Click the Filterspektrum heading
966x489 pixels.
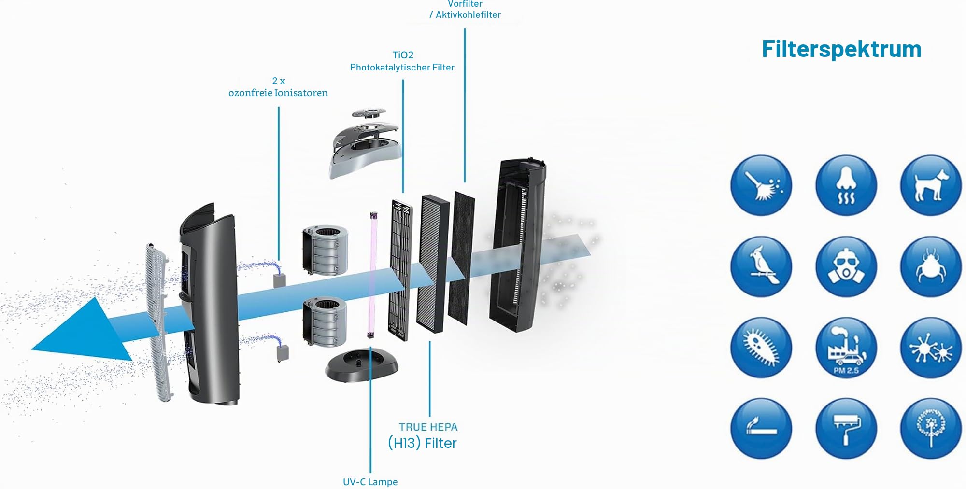(x=841, y=49)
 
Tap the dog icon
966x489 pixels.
(x=931, y=185)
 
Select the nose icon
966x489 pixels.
(x=846, y=185)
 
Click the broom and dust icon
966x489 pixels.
(x=761, y=185)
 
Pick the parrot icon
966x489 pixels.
(x=761, y=267)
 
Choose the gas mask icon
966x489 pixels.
(x=846, y=267)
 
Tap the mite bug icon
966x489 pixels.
(x=931, y=267)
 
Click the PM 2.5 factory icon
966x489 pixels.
(x=846, y=348)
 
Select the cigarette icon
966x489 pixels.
(x=761, y=429)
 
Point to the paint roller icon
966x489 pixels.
(x=846, y=429)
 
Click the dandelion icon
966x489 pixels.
(x=931, y=429)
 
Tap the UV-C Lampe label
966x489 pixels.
(x=370, y=482)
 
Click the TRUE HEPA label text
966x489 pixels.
(x=428, y=427)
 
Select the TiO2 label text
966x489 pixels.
(x=403, y=55)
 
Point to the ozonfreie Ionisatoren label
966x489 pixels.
(x=278, y=93)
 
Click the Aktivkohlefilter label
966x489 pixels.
(x=468, y=15)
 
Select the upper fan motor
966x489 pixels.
(x=325, y=250)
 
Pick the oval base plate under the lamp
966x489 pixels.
(x=362, y=365)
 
